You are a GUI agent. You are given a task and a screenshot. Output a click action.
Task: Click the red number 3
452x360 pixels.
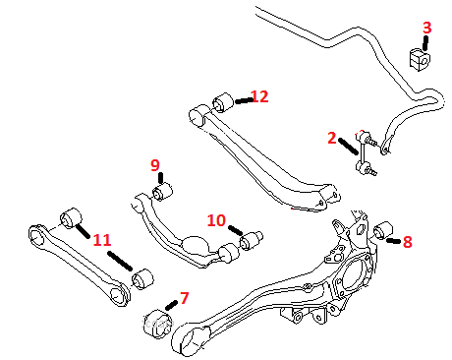[426, 28]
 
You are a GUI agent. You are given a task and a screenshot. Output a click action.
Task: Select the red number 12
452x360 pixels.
[260, 96]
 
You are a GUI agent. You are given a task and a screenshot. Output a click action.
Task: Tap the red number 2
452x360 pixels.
[332, 138]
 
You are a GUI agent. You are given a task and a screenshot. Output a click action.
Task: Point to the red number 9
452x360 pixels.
[155, 165]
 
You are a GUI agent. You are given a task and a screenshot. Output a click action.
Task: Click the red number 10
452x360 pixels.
[216, 220]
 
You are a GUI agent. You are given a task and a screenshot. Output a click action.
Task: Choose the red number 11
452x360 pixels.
[102, 240]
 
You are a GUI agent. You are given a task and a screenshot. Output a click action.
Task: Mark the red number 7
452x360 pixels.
[185, 298]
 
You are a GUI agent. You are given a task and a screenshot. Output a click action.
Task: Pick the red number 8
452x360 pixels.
[407, 242]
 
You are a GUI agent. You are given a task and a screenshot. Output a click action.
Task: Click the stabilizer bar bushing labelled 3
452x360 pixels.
[420, 59]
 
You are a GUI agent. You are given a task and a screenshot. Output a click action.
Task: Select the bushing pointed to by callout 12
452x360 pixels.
[223, 102]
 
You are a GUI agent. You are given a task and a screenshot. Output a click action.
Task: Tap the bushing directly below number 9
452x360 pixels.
[162, 192]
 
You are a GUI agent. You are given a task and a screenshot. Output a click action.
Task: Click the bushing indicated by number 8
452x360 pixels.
[383, 230]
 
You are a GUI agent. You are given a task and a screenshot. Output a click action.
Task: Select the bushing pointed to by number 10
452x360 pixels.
[251, 240]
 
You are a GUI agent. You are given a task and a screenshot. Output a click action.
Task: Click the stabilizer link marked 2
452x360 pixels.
[366, 152]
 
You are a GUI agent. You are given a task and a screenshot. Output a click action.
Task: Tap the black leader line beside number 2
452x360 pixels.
[348, 147]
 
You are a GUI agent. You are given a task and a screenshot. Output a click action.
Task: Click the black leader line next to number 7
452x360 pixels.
[171, 305]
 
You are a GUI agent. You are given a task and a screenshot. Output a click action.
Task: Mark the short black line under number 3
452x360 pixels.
[425, 43]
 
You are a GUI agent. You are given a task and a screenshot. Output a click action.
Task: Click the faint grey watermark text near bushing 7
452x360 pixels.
[157, 324]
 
